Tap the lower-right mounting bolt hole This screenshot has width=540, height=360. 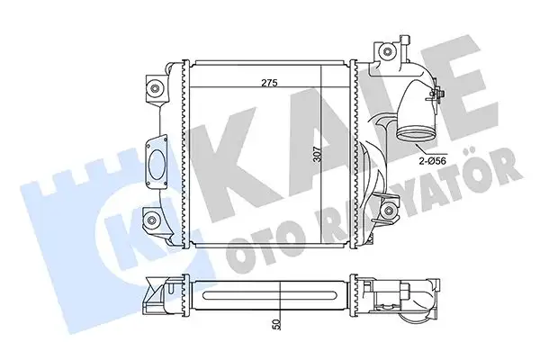389,212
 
